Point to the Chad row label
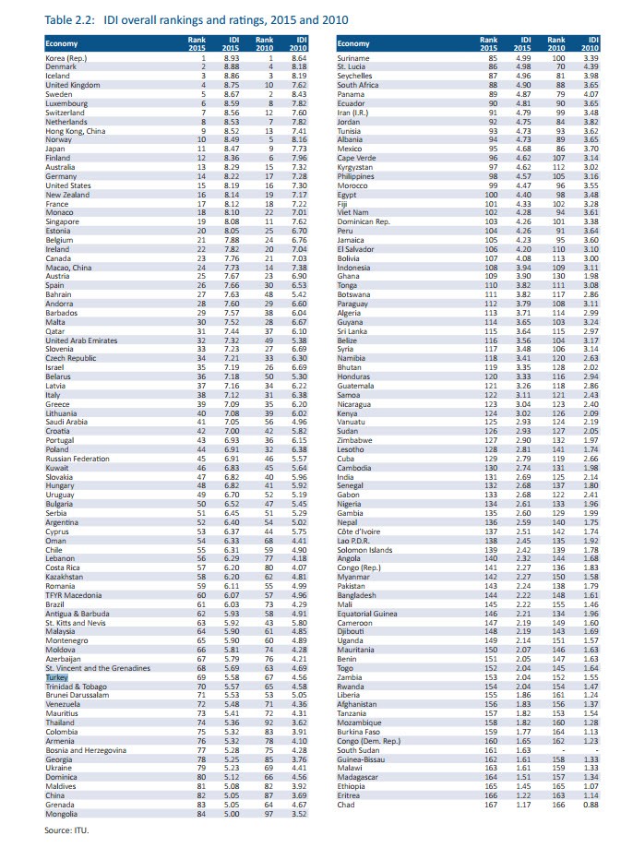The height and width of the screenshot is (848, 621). [x=346, y=806]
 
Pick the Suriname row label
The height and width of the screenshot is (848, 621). [x=354, y=58]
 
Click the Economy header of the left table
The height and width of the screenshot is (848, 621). [x=64, y=43]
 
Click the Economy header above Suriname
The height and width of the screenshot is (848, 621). [x=354, y=43]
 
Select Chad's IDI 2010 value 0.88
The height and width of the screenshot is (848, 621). [x=591, y=806]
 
